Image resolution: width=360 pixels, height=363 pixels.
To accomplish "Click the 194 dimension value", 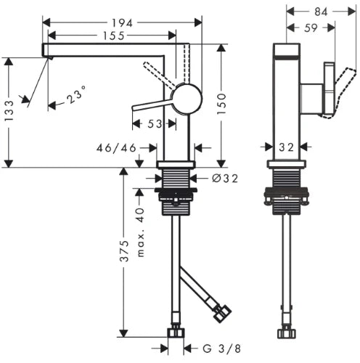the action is (x=122, y=23).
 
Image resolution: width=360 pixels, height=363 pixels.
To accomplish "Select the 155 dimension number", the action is (x=114, y=36).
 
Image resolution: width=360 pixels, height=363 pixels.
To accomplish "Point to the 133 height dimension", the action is (x=9, y=111).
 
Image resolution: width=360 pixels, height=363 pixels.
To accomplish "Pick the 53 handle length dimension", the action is (x=155, y=124).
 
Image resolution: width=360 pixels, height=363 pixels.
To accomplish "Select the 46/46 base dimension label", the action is (x=116, y=148).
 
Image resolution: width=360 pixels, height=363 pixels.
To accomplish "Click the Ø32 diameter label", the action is (x=225, y=179).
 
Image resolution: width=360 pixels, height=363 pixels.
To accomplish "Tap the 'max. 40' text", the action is (x=141, y=232).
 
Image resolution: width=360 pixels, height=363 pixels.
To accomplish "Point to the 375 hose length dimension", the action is (x=124, y=251).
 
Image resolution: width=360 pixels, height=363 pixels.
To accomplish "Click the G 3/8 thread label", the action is (x=222, y=348).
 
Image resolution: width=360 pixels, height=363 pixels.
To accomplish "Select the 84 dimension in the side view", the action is (x=321, y=12).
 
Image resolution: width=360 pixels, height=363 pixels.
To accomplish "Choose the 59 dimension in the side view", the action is (x=311, y=28).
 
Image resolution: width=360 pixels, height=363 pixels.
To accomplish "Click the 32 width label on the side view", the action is (x=287, y=147).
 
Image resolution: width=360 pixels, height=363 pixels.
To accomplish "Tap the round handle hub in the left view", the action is (x=187, y=99).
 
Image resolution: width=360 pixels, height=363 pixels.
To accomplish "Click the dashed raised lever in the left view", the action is (x=160, y=75).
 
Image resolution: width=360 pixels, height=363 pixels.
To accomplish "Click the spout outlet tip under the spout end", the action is (x=50, y=58).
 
